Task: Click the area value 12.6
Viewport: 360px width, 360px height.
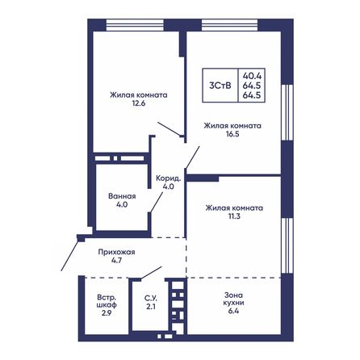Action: pos(139,103)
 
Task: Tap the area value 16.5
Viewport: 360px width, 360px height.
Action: pos(232,134)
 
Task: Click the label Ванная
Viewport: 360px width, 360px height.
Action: pos(121,195)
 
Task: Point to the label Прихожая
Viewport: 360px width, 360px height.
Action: pos(117,252)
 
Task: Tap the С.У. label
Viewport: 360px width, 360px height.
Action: pos(150,298)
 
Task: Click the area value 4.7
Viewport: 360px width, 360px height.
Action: pos(117,261)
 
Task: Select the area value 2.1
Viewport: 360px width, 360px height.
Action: pos(150,307)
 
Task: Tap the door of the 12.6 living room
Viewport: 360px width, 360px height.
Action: pos(168,129)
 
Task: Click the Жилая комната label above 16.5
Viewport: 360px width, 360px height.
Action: pos(232,125)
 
